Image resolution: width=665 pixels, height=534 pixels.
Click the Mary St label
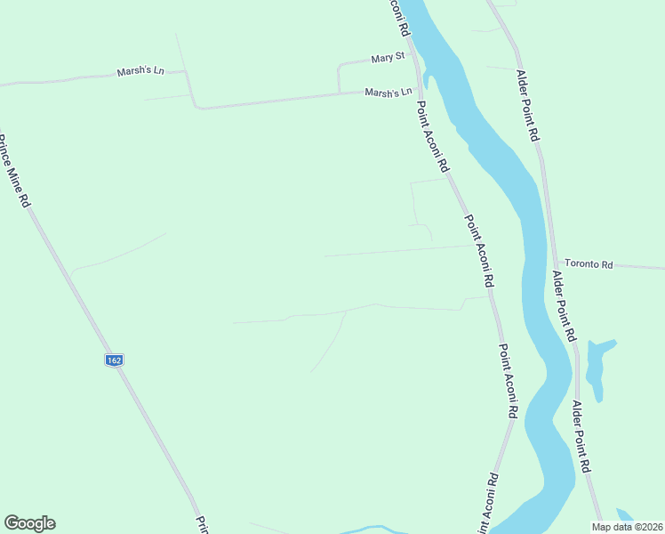pyautogui.click(x=388, y=58)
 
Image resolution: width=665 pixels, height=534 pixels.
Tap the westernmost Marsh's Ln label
pyautogui.click(x=140, y=71)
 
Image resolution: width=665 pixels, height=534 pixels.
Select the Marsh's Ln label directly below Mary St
pyautogui.click(x=389, y=92)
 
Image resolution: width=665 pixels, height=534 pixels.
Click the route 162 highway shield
pyautogui.click(x=113, y=360)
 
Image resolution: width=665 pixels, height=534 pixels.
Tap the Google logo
pyautogui.click(x=29, y=523)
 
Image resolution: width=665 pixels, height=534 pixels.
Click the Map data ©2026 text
pyautogui.click(x=627, y=527)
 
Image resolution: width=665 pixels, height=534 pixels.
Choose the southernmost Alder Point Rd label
pyautogui.click(x=583, y=436)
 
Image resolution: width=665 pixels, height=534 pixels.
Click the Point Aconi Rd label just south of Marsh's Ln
pyautogui.click(x=434, y=135)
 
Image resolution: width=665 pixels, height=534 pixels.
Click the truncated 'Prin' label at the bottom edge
pyautogui.click(x=201, y=524)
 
